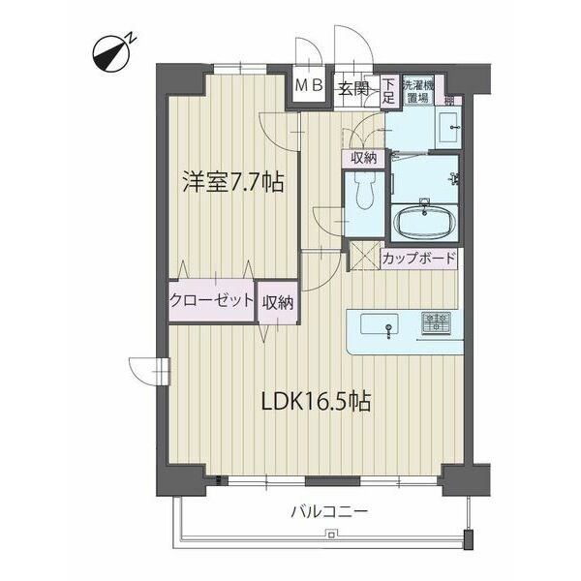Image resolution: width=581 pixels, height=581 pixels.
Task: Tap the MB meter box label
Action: pos(309,86)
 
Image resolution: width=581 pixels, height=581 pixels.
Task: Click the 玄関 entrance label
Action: pos(353,89)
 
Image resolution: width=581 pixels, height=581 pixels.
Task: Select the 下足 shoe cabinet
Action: pos(388,92)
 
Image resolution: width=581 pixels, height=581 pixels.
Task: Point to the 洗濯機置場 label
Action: pos(417,91)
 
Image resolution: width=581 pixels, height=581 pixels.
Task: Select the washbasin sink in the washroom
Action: pos(448,128)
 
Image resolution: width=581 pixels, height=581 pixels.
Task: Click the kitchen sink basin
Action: pos(380,324)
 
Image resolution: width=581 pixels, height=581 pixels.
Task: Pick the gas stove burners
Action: pos(436,321)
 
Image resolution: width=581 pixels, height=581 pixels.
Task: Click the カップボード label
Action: pos(418,259)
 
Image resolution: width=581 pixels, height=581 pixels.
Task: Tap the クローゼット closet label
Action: pos(211,300)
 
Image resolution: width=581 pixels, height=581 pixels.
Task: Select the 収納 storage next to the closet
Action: pos(278,303)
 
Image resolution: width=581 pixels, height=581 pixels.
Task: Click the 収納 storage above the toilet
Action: pos(364,159)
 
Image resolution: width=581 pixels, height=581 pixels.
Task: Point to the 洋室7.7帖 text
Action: pos(233,182)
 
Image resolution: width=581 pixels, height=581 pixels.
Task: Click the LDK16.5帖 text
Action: pos(316,401)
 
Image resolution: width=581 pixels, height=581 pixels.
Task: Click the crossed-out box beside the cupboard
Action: pos(365,256)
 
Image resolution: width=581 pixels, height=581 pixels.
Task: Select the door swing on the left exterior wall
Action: pos(148,371)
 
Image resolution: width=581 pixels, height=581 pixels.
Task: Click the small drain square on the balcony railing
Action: pos(331,534)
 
